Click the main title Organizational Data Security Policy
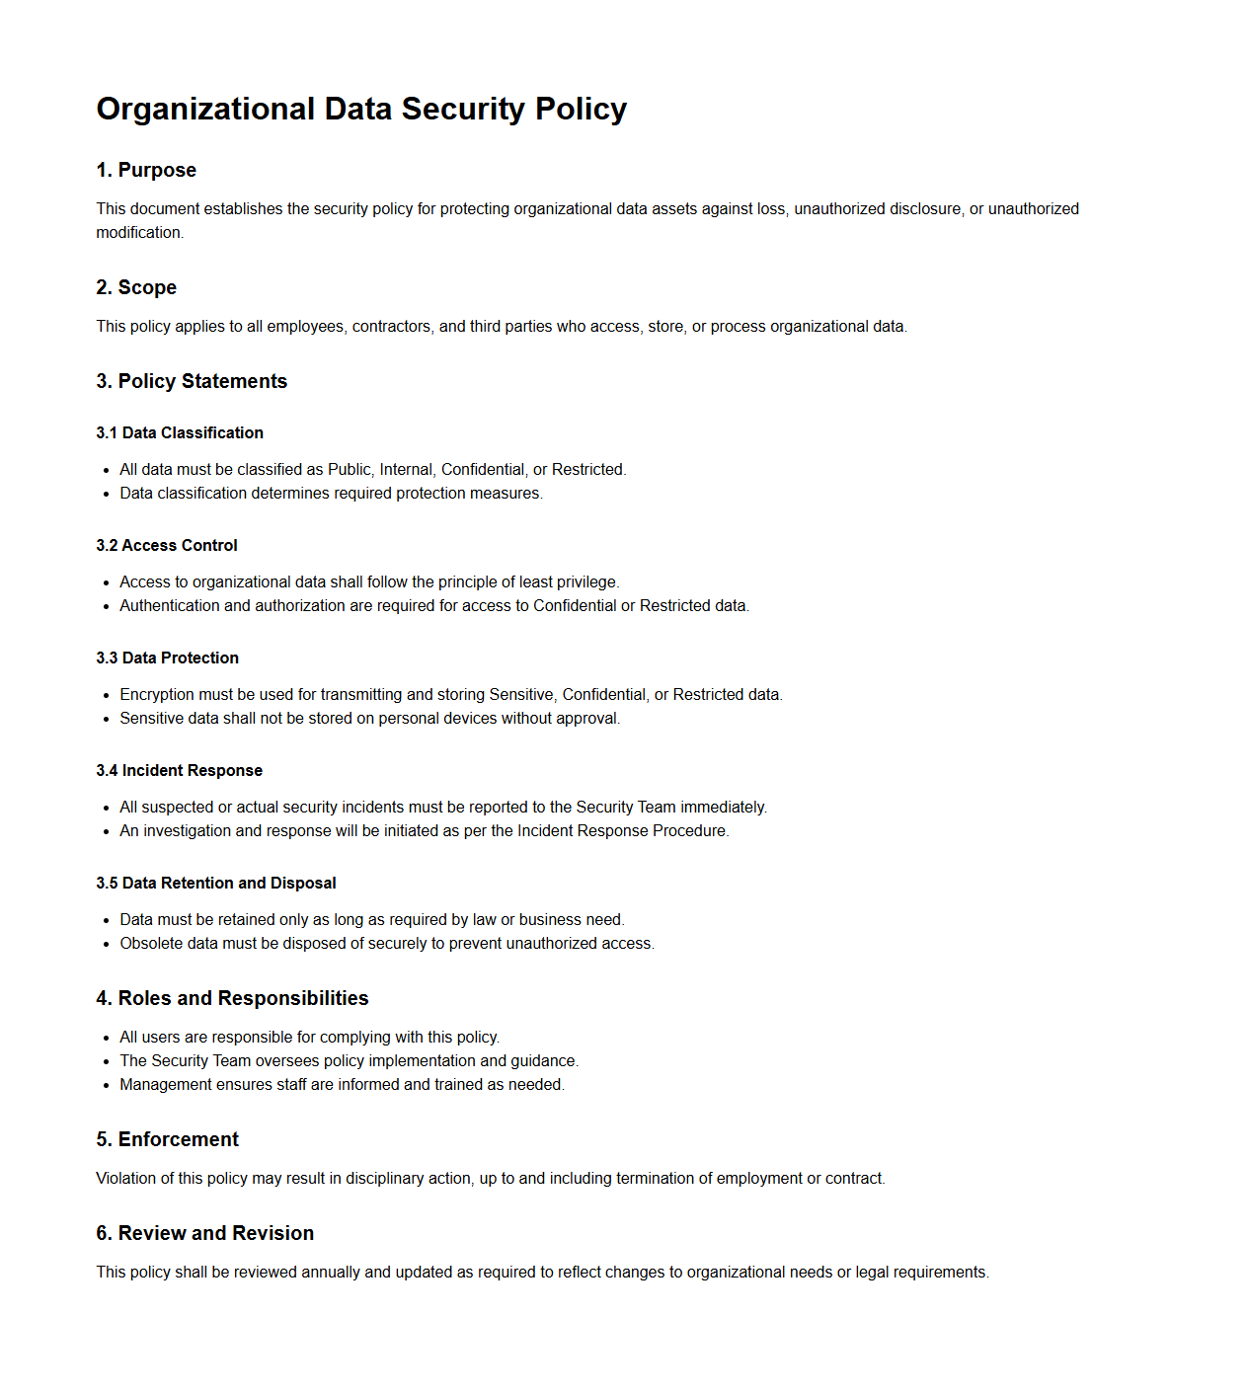pyautogui.click(x=361, y=109)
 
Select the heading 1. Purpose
pyautogui.click(x=146, y=170)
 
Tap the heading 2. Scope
pyautogui.click(x=136, y=287)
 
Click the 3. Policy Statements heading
pyautogui.click(x=192, y=381)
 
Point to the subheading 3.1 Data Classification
pyautogui.click(x=180, y=432)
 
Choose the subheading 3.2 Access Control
pyautogui.click(x=167, y=545)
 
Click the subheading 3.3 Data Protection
pyautogui.click(x=167, y=658)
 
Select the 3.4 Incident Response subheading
pyautogui.click(x=179, y=770)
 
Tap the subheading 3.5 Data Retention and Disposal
pyautogui.click(x=216, y=883)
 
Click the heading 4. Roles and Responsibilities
pyautogui.click(x=232, y=998)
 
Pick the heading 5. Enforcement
pyautogui.click(x=167, y=1139)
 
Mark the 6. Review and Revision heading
pyautogui.click(x=204, y=1233)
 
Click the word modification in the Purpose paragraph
pyautogui.click(x=138, y=233)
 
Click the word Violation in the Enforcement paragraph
pyautogui.click(x=124, y=1179)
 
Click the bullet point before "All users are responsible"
pyautogui.click(x=106, y=1038)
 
